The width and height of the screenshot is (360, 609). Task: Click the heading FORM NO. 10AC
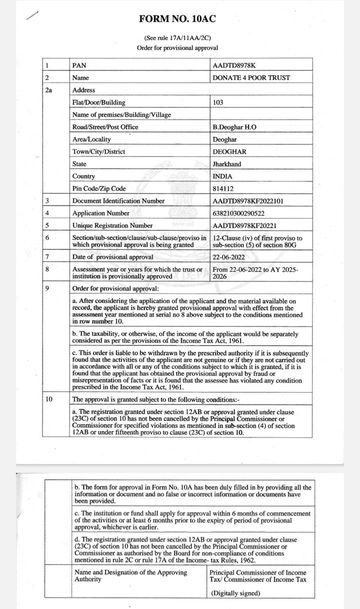coord(177,19)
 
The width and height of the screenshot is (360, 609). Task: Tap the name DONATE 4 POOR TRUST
coord(251,77)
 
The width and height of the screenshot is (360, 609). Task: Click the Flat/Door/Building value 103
coord(218,102)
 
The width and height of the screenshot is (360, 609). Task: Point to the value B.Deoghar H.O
coord(234,127)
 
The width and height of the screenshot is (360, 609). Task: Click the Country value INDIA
coord(222,176)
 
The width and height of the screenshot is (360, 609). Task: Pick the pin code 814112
coord(223,188)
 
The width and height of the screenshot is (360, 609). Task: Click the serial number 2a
coord(48,90)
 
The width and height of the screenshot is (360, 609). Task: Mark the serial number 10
coord(48,399)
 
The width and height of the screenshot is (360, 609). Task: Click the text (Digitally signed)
coord(235,593)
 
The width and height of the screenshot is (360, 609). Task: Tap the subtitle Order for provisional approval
coord(177,48)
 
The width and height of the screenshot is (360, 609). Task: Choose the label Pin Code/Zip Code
coord(99,188)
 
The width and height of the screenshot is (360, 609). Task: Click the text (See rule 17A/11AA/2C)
coord(177,38)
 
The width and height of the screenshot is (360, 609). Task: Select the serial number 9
coord(47,288)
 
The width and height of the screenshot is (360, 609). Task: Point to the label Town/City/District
coord(98,151)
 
